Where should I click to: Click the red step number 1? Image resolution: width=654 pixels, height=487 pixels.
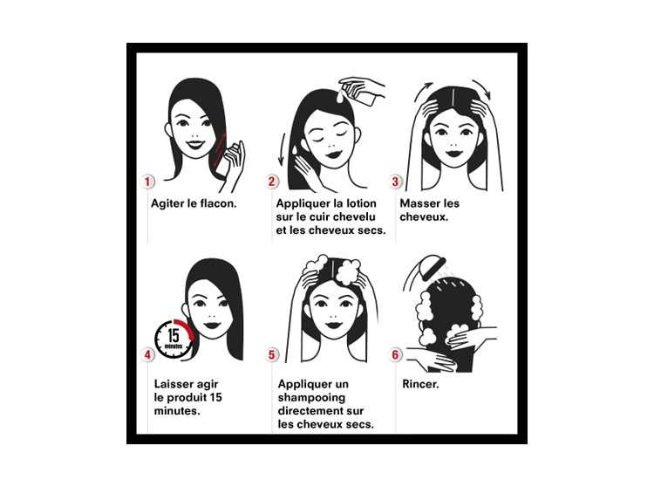[x=147, y=182]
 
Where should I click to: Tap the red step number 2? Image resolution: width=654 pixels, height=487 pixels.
[x=271, y=182]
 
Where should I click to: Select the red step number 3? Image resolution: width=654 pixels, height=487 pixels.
[x=395, y=182]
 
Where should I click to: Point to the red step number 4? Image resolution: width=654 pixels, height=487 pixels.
[x=147, y=354]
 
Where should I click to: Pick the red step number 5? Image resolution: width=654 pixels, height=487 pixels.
[x=271, y=354]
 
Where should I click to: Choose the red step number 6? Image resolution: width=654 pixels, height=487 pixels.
[x=395, y=354]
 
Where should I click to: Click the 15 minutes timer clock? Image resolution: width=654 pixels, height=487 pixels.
[x=174, y=339]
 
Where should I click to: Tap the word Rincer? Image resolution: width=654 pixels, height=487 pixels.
[x=420, y=384]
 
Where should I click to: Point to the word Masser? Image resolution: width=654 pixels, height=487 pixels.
[x=420, y=203]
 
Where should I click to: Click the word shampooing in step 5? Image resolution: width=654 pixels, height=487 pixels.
[x=311, y=398]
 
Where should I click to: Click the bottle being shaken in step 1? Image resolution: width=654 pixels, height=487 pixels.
[x=224, y=161]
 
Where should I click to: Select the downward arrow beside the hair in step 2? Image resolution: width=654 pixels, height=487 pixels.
[x=283, y=149]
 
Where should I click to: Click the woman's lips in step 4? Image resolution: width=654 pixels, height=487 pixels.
[x=213, y=325]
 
